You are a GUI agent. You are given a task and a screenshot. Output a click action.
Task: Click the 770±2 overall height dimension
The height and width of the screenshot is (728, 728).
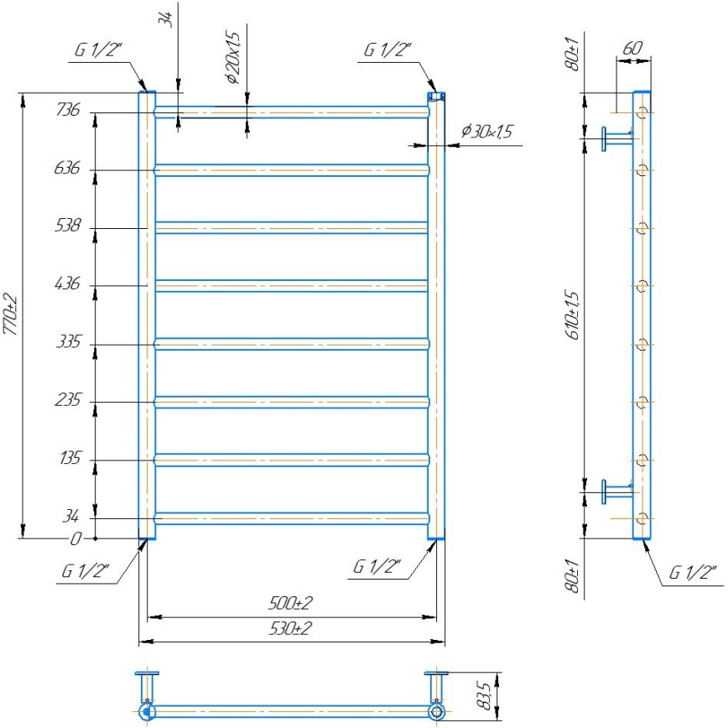tap(10, 315)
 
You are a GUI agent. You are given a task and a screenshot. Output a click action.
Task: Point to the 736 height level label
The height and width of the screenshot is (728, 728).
tap(68, 111)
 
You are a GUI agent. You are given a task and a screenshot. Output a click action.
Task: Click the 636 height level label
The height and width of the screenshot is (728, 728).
tap(68, 169)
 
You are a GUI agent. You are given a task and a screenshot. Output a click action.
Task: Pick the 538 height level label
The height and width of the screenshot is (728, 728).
tap(68, 226)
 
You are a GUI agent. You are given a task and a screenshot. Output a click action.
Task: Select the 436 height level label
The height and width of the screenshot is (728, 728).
tap(68, 284)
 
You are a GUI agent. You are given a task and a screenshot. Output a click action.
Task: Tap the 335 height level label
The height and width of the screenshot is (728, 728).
tap(68, 343)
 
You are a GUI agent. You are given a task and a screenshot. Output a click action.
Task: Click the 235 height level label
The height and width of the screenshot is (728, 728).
tap(68, 401)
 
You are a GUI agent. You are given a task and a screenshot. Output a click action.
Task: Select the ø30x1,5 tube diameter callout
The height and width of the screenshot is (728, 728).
tap(487, 132)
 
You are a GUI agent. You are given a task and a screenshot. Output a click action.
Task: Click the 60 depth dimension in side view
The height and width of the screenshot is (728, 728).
tap(633, 49)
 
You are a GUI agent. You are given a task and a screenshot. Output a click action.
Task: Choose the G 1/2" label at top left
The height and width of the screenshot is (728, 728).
tap(98, 49)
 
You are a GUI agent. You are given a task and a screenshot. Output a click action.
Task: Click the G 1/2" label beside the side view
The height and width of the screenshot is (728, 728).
tap(693, 574)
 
